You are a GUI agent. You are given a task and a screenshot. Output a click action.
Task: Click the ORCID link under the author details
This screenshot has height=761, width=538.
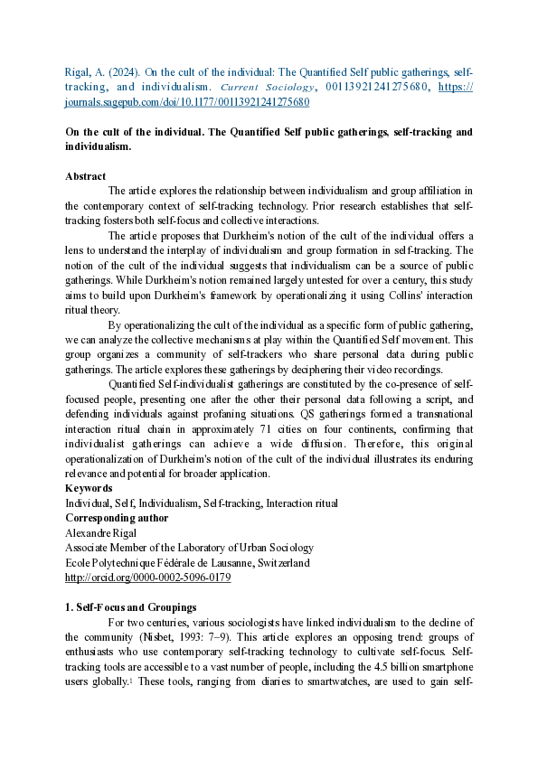pyautogui.click(x=147, y=577)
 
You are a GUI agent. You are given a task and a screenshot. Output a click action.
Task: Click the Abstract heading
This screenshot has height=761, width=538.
pyautogui.click(x=85, y=176)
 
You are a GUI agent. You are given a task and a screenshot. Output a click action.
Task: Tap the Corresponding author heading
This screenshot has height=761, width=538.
pyautogui.click(x=112, y=518)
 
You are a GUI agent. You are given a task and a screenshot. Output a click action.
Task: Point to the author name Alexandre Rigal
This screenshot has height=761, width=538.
pyautogui.click(x=101, y=532)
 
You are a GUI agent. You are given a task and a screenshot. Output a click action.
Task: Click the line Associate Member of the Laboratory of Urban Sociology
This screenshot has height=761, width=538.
pyautogui.click(x=189, y=547)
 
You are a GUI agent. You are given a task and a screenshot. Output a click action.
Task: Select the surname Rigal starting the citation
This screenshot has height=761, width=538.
pyautogui.click(x=79, y=71)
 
